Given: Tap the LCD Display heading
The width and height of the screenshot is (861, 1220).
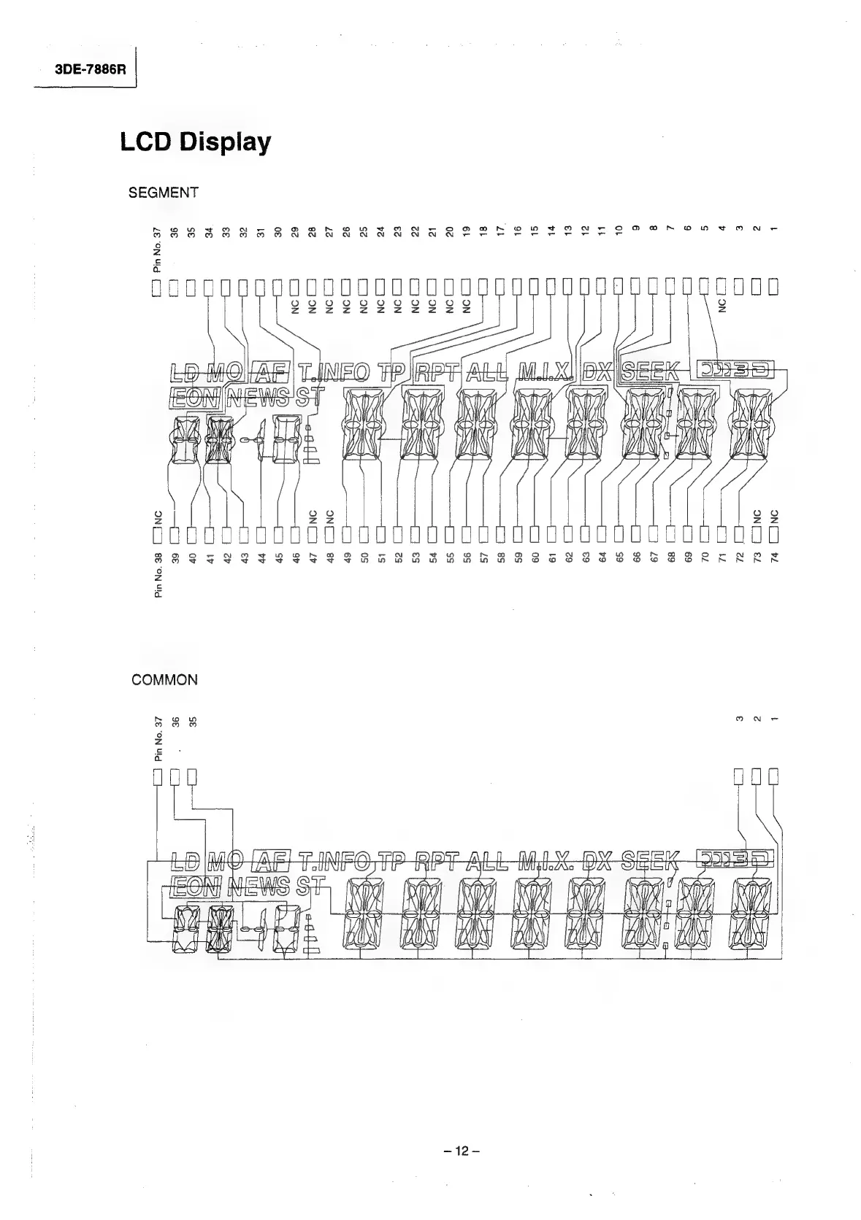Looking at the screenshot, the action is [196, 142].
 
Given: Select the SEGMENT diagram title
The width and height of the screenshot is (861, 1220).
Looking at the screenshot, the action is [163, 193].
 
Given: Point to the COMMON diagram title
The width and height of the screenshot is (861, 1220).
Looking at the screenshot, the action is [164, 680].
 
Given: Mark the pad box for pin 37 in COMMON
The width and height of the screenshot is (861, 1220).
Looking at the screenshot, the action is [157, 775].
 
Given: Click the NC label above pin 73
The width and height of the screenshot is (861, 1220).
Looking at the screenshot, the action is [757, 516].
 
